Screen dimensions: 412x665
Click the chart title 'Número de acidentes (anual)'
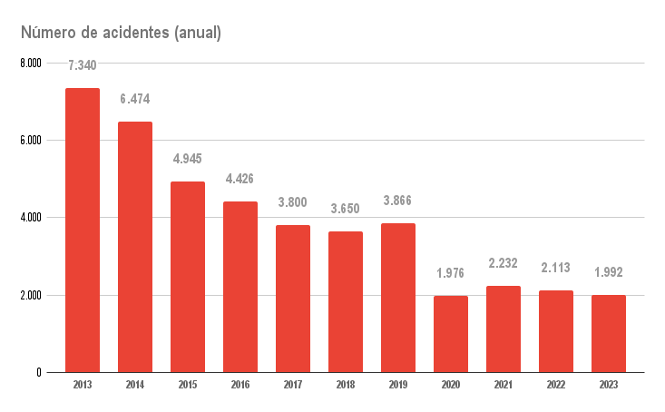pyautogui.click(x=121, y=34)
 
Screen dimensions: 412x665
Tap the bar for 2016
pyautogui.click(x=240, y=287)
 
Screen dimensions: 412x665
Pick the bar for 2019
pyautogui.click(x=398, y=298)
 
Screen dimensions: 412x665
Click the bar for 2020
pyautogui.click(x=451, y=334)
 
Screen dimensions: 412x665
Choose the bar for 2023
pyautogui.click(x=609, y=334)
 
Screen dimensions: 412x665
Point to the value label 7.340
pyautogui.click(x=83, y=65)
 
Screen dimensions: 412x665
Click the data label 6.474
pyautogui.click(x=135, y=99)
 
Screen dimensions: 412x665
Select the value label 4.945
pyautogui.click(x=188, y=159)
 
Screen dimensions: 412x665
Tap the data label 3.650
pyautogui.click(x=346, y=209)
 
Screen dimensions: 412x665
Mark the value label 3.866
pyautogui.click(x=398, y=201)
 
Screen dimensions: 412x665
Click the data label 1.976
pyautogui.click(x=451, y=273)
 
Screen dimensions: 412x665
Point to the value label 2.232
pyautogui.click(x=504, y=263)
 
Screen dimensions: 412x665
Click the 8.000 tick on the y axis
pyautogui.click(x=30, y=64)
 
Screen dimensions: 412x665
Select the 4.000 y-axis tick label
pyautogui.click(x=30, y=218)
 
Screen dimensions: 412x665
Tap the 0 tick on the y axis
pyautogui.click(x=38, y=372)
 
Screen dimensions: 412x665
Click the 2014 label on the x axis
pyautogui.click(x=135, y=386)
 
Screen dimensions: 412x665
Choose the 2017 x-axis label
pyautogui.click(x=293, y=386)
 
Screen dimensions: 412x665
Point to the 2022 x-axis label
pyautogui.click(x=556, y=386)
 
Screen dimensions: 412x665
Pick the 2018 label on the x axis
pyautogui.click(x=346, y=386)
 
